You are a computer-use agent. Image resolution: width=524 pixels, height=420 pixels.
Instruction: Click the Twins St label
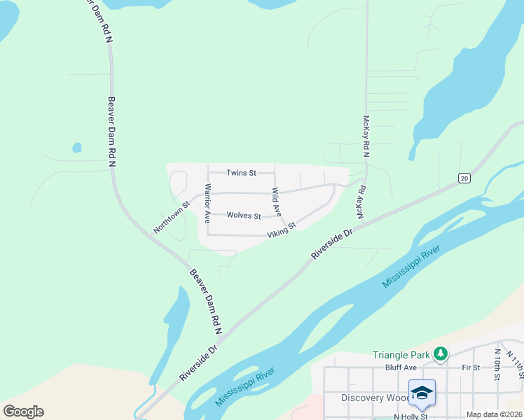(x=241, y=172)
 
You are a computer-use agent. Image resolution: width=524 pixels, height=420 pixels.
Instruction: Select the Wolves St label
(x=244, y=216)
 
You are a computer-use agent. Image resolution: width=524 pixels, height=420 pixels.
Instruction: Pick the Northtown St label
(x=172, y=218)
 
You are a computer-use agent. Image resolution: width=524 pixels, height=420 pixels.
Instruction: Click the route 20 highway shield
(x=464, y=178)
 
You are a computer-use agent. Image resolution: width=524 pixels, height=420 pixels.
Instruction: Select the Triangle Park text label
(x=401, y=355)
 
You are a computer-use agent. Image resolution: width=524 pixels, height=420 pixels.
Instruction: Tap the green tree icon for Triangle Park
(x=441, y=354)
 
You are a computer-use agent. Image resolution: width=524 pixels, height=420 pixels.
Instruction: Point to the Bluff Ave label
(x=401, y=367)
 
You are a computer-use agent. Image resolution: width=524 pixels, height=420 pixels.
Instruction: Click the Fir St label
(x=471, y=367)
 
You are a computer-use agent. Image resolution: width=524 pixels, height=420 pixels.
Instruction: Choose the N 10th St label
(x=497, y=365)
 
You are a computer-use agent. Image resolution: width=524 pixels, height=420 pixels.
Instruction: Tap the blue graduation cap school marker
(x=422, y=394)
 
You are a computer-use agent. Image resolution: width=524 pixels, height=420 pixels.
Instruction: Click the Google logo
(x=23, y=412)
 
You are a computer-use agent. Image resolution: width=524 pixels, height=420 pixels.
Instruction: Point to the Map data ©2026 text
(x=494, y=414)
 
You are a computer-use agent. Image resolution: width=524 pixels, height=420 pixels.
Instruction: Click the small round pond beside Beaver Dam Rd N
(x=76, y=148)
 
